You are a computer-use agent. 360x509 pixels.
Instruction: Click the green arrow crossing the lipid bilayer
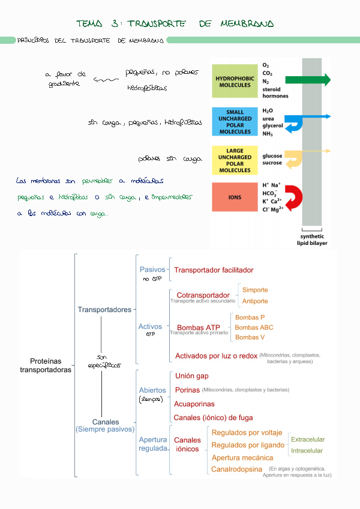coord(308,80)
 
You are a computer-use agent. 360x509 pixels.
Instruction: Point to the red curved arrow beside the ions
coord(293,197)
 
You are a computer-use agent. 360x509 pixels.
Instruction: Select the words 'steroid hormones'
coord(275,92)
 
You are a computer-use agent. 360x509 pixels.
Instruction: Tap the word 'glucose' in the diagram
coord(272,156)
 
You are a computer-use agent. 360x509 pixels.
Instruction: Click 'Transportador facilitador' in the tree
coord(214,270)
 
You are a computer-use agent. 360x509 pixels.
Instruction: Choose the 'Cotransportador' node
coord(203,295)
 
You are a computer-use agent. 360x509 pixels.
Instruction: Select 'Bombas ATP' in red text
coord(198,327)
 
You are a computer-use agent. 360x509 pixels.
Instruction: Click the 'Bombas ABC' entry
coord(254,327)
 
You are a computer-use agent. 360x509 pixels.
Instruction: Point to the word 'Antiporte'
coord(255,301)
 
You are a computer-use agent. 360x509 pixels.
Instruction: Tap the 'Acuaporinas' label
coord(194,404)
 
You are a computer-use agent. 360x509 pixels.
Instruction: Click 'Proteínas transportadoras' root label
coord(46,366)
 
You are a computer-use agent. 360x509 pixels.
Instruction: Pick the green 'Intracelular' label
coord(307,450)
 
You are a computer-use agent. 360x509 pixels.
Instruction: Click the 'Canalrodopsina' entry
coord(237,469)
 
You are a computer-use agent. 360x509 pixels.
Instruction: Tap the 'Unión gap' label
coord(192,376)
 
